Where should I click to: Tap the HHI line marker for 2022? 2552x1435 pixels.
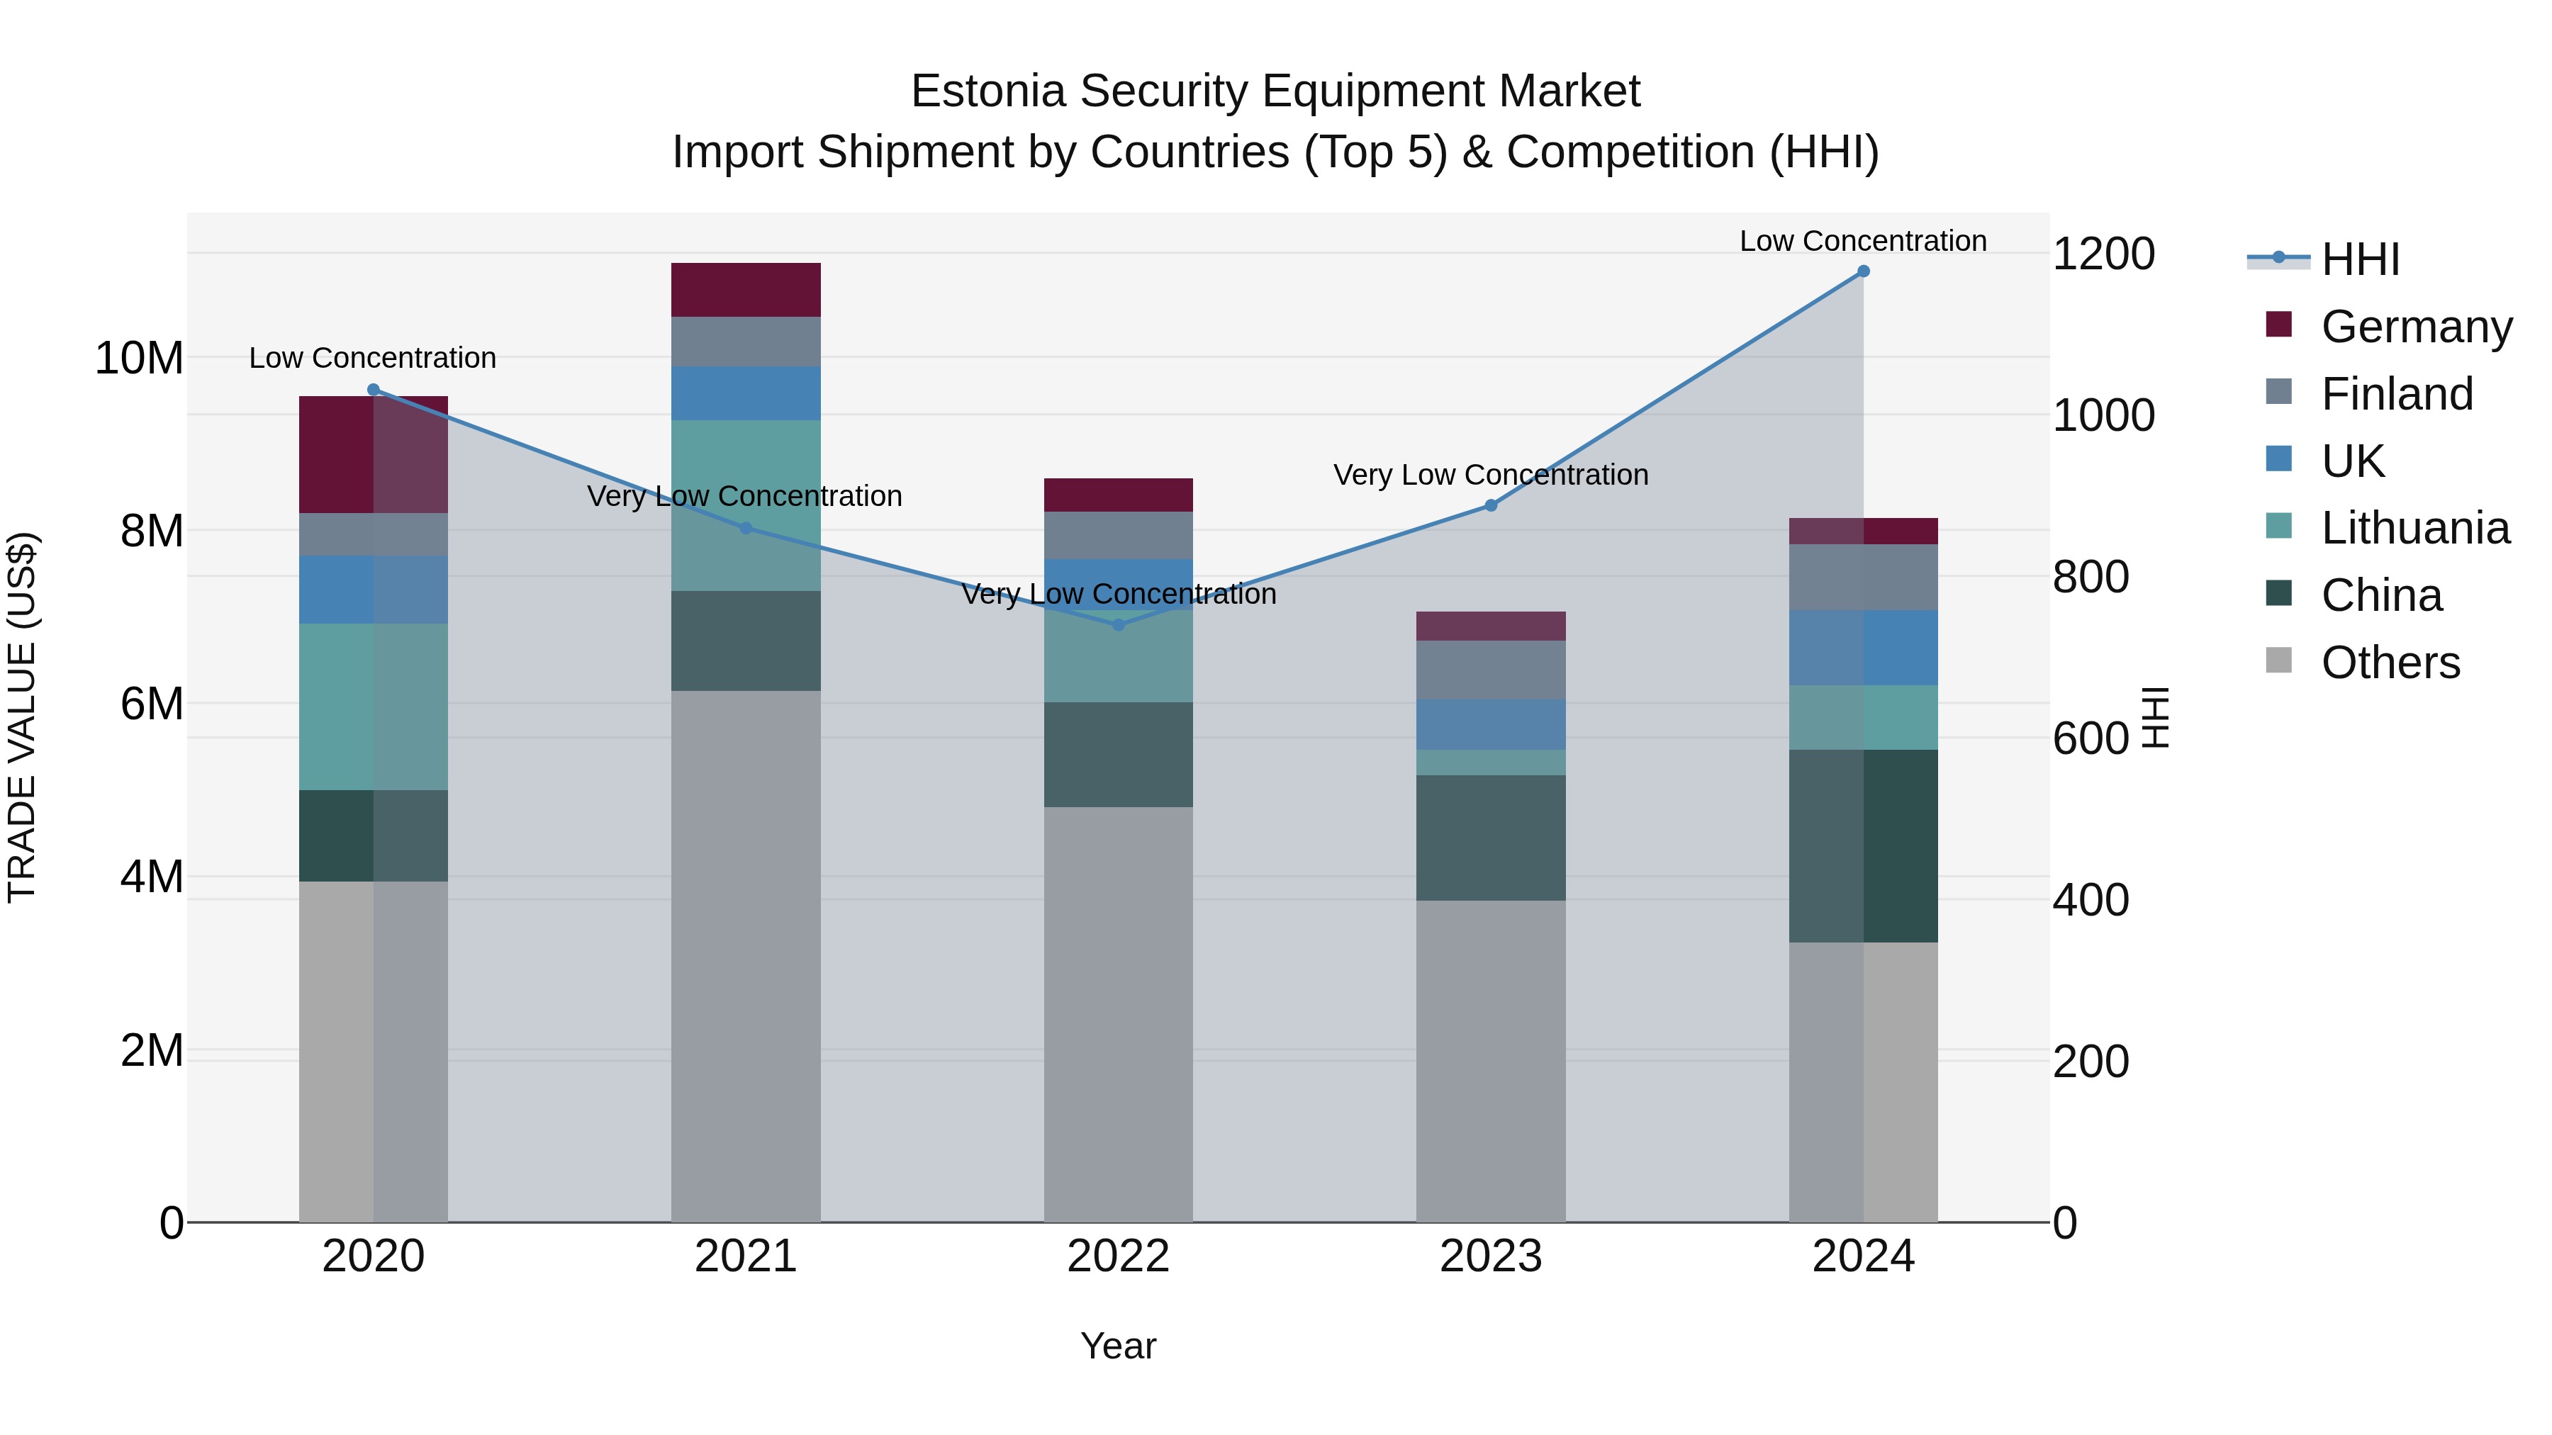click(1119, 625)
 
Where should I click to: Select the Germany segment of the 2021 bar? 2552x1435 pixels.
click(745, 290)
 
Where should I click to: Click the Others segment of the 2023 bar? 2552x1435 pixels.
click(1490, 1061)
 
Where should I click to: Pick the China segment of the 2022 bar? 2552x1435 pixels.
click(1119, 755)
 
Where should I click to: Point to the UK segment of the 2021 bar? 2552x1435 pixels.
click(745, 393)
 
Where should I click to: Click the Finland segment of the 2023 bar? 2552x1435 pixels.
click(1490, 670)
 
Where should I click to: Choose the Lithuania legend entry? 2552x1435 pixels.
click(2414, 528)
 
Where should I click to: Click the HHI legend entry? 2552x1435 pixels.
click(2360, 259)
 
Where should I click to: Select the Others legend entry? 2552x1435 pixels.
click(2390, 663)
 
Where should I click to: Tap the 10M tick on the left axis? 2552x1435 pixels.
click(139, 358)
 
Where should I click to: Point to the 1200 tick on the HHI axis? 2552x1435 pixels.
click(2103, 254)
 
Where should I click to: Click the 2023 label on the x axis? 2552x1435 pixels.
click(1490, 1256)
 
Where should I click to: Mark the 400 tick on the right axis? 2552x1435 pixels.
click(2091, 900)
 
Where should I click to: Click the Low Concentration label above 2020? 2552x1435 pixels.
click(372, 358)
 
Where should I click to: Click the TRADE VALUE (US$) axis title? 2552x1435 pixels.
click(22, 717)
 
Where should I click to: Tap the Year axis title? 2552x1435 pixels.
click(1119, 1346)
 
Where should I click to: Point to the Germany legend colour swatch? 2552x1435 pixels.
click(2278, 325)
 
